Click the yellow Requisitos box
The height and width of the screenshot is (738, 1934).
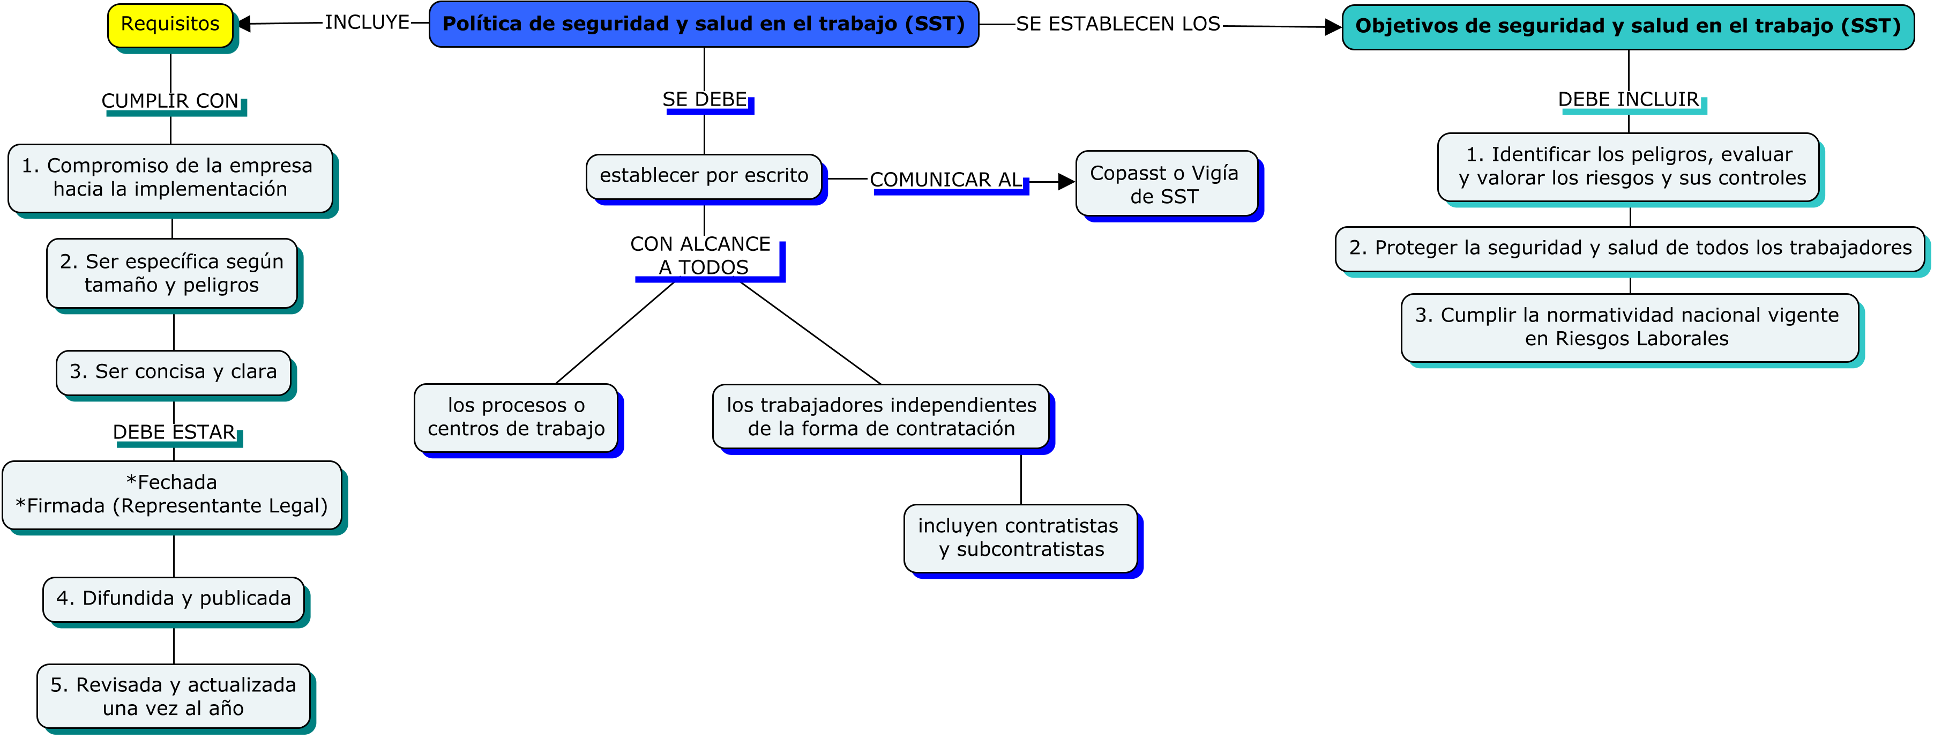pyautogui.click(x=170, y=25)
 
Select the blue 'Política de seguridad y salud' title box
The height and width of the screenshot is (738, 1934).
pyautogui.click(x=704, y=24)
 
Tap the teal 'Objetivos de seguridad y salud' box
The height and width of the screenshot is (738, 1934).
pyautogui.click(x=1627, y=26)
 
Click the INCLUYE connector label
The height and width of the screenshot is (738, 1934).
pyautogui.click(x=367, y=23)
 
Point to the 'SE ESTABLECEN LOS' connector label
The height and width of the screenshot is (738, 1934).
pyautogui.click(x=1117, y=24)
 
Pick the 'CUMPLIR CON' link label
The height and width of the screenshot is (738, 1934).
pyautogui.click(x=170, y=101)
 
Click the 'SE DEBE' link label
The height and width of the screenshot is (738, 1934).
pyautogui.click(x=704, y=99)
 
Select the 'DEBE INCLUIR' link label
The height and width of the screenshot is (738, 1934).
pyautogui.click(x=1627, y=99)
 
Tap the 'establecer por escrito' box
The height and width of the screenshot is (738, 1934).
pyautogui.click(x=704, y=176)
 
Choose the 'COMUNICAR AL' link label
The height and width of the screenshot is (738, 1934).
pyautogui.click(x=946, y=180)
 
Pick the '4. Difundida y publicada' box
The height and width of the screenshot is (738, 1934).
pyautogui.click(x=174, y=598)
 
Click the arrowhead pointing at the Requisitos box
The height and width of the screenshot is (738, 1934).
pyautogui.click(x=243, y=24)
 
